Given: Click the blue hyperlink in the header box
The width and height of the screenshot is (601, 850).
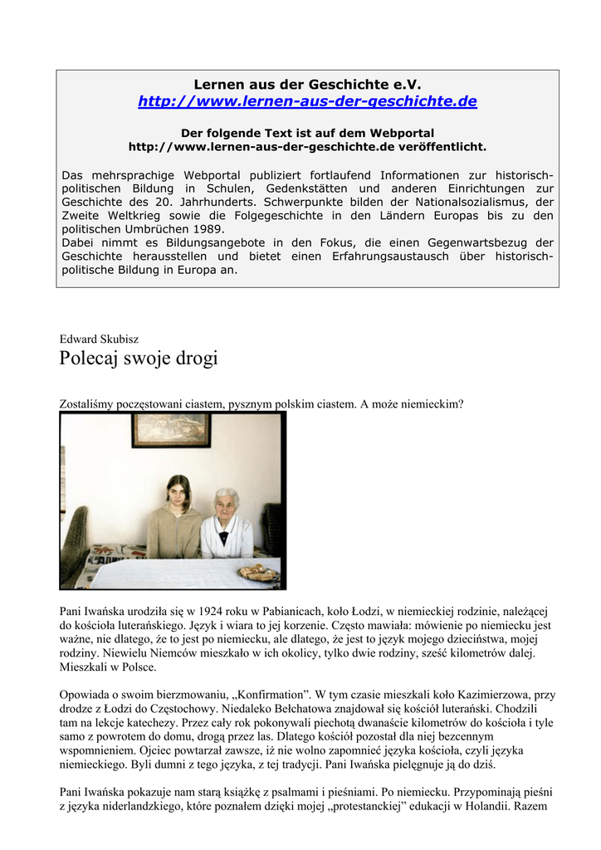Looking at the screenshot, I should coord(307,101).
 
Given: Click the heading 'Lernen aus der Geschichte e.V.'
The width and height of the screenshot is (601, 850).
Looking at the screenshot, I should coord(307,84).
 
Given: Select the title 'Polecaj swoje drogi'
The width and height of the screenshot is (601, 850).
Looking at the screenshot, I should coord(139,359).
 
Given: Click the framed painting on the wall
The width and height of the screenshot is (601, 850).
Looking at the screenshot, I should coord(171,430).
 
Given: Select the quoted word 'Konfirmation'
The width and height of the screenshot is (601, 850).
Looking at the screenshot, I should coord(286,695).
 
